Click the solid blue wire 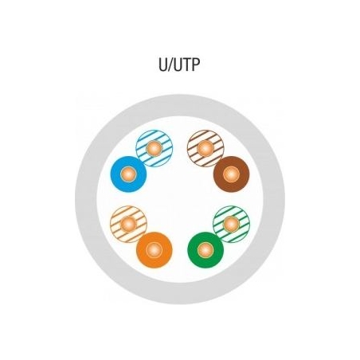pos(128,174)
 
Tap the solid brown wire pos(232,174)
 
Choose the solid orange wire pos(155,250)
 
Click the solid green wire pos(205,250)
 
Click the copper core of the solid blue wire pos(128,174)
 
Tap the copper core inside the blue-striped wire pos(155,148)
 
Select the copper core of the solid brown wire pos(232,174)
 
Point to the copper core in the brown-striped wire pos(205,148)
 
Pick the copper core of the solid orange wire pos(155,250)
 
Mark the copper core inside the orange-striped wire pos(128,225)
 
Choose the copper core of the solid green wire pos(205,250)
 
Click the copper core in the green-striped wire pos(232,225)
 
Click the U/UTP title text pos(179,65)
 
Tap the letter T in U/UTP pos(186,65)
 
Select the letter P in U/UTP pos(195,65)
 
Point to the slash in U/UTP pos(170,65)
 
